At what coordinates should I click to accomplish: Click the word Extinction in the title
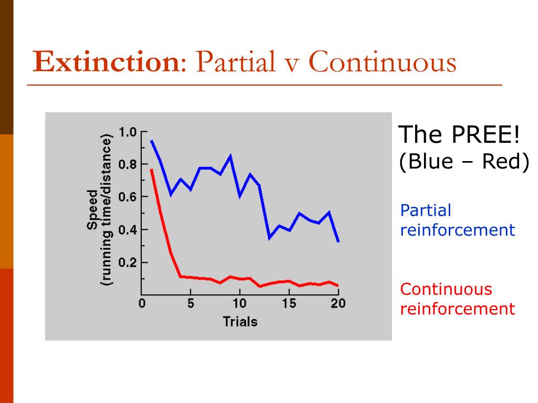pos(106,62)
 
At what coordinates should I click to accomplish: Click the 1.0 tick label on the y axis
pos(128,132)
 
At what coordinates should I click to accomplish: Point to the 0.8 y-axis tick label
pos(128,164)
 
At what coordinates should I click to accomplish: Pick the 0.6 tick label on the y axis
pos(128,197)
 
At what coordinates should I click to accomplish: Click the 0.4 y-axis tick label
pos(128,230)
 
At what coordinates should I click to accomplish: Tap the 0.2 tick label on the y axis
pos(128,262)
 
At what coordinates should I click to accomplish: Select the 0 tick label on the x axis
pos(142,303)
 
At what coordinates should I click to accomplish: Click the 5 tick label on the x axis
pos(191,303)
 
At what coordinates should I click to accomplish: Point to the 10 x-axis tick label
pos(240,303)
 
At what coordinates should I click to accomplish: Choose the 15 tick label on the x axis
pos(289,303)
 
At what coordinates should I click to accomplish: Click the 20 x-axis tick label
pos(338,303)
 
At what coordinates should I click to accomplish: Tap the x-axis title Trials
pos(240,321)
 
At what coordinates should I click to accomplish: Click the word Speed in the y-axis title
pos(92,210)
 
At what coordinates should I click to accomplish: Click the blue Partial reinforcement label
pos(457,220)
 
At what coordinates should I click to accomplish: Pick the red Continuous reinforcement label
pos(457,299)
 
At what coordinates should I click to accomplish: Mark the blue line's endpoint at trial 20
pos(338,241)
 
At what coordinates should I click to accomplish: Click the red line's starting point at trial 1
pos(151,169)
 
